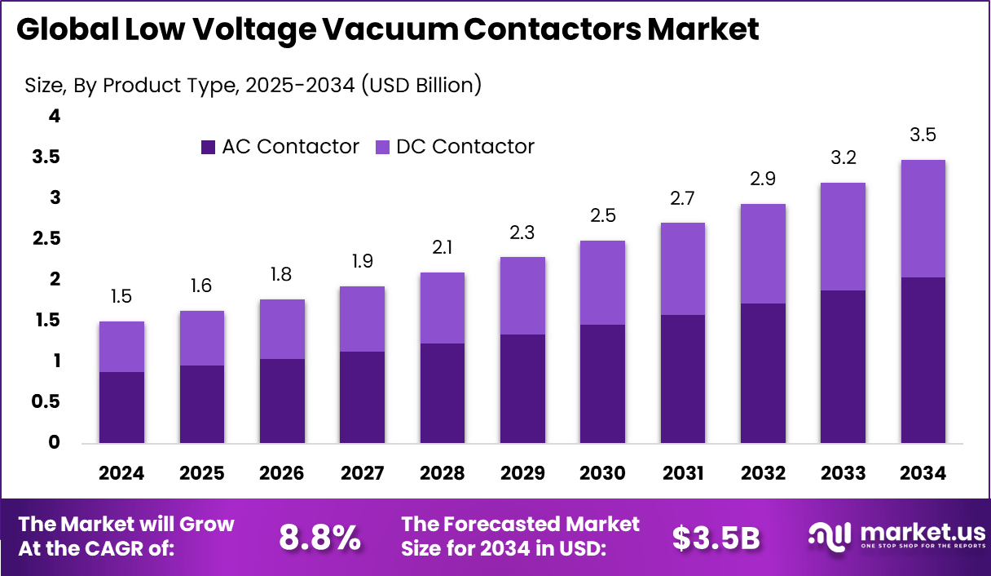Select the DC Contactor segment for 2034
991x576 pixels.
(x=923, y=219)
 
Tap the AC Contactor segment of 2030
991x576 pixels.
(x=602, y=384)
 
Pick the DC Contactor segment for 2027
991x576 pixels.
(x=362, y=319)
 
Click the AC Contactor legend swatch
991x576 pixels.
(x=208, y=147)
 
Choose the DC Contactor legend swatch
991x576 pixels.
(x=382, y=147)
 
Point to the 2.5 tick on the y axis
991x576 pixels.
(x=46, y=238)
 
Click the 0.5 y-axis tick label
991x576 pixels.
(x=46, y=401)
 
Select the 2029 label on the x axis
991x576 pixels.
(x=522, y=474)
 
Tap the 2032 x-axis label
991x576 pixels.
(x=763, y=474)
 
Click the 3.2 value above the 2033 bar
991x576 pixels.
(x=843, y=158)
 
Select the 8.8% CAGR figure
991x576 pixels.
(x=319, y=538)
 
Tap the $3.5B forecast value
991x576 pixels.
(x=716, y=538)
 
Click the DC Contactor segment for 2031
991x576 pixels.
(x=682, y=268)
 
